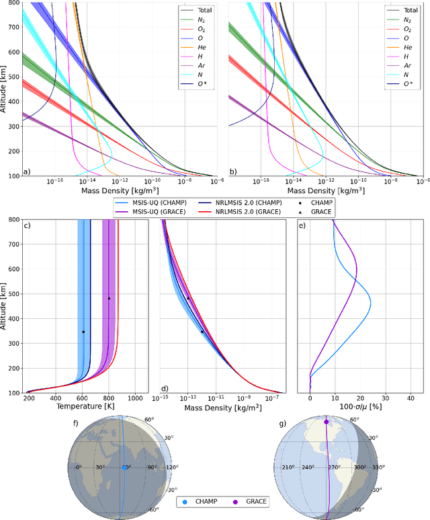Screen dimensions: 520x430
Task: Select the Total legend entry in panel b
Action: pyautogui.click(x=405, y=10)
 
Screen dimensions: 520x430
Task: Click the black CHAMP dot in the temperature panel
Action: pyautogui.click(x=83, y=332)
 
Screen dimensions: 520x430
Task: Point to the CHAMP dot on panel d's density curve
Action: pyautogui.click(x=202, y=332)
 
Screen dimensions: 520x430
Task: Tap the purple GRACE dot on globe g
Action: pyautogui.click(x=327, y=422)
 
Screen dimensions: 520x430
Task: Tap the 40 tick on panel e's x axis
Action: pyautogui.click(x=411, y=398)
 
